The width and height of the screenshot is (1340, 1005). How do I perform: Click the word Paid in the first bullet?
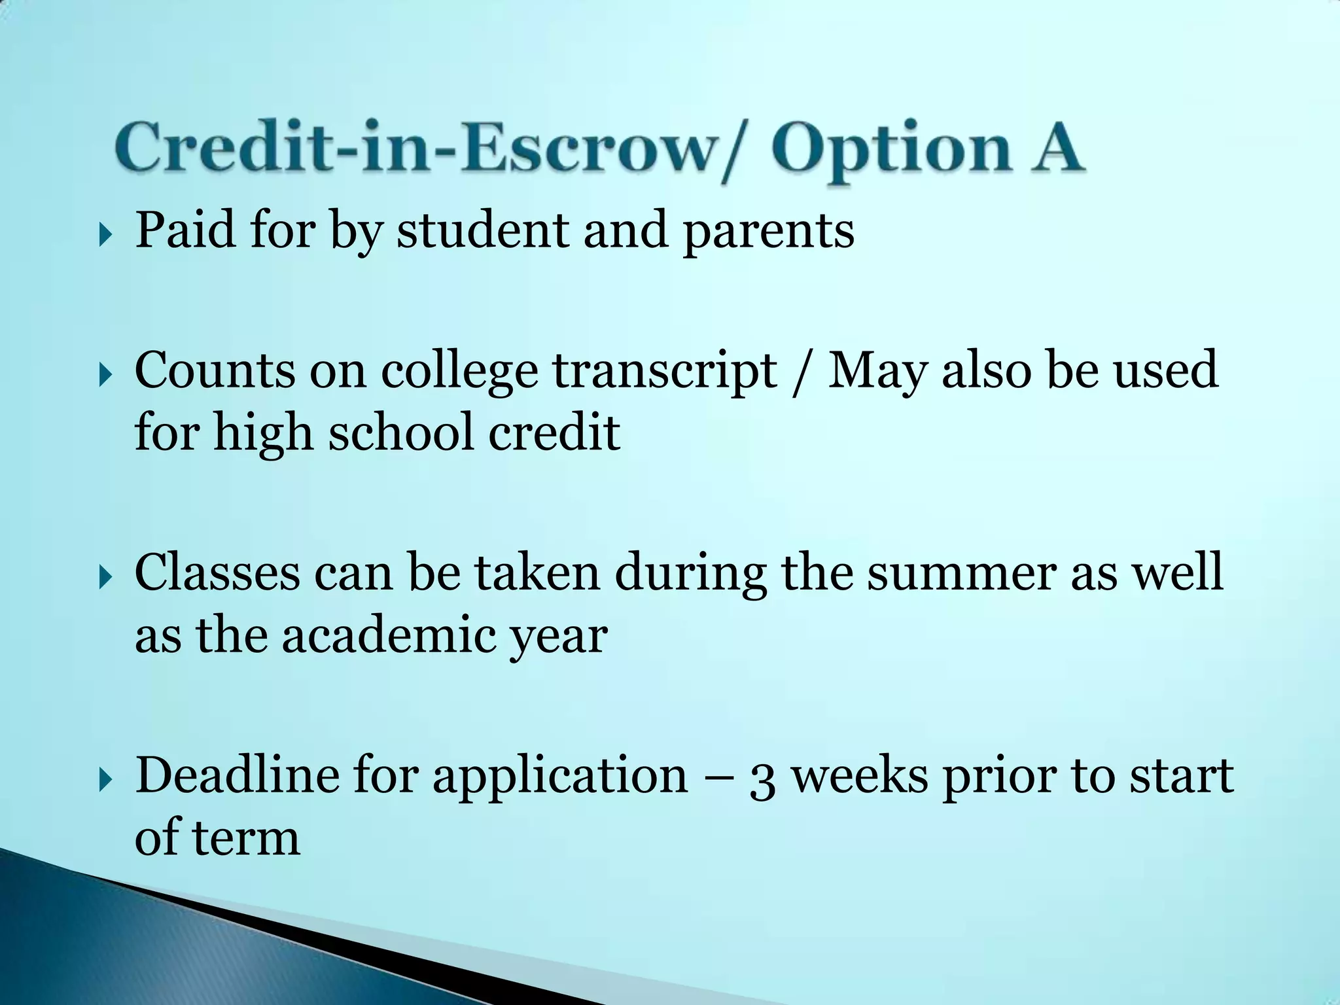pos(185,230)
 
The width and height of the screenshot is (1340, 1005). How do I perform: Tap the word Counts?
pos(215,370)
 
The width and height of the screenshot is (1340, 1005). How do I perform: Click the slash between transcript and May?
pos(802,372)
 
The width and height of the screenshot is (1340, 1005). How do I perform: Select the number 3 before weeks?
pos(762,779)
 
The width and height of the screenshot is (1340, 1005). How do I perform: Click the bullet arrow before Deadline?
pos(105,781)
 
